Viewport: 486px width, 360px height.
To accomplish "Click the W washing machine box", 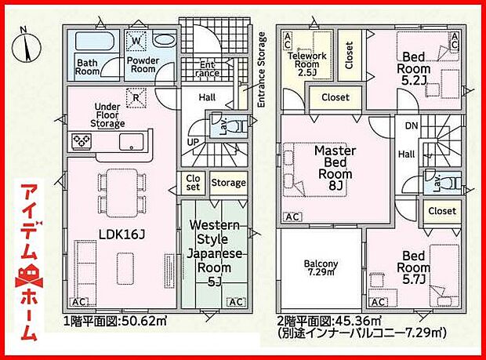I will (x=136, y=41).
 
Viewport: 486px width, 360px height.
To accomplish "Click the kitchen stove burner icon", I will (x=82, y=141).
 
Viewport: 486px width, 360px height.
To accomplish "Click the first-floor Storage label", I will (x=228, y=183).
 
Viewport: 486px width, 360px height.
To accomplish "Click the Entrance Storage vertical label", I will (x=263, y=69).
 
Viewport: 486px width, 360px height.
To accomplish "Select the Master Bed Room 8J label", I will (x=335, y=167).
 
